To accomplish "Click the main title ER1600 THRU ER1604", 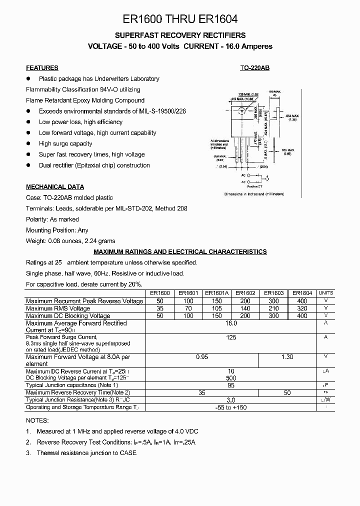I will click(x=180, y=19).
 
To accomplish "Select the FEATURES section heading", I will click(x=42, y=68).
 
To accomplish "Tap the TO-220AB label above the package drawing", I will click(x=254, y=68).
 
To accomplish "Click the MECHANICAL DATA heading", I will click(x=55, y=187).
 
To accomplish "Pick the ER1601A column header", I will click(x=216, y=293).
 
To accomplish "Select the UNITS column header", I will click(x=325, y=293).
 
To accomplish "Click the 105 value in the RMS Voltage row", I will click(x=216, y=308).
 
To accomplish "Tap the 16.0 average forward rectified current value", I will click(x=231, y=323).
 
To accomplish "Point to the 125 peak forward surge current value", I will click(x=231, y=338).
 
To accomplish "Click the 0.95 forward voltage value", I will click(x=202, y=357).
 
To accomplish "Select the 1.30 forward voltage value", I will click(x=287, y=357).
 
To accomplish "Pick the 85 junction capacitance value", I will click(x=231, y=385).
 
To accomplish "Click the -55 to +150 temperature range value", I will click(x=231, y=407).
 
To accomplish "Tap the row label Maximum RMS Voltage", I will click(x=58, y=308).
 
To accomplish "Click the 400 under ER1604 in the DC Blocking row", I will click(x=302, y=316).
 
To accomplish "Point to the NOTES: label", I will click(x=37, y=420).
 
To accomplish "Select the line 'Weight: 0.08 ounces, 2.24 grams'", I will click(x=70, y=241).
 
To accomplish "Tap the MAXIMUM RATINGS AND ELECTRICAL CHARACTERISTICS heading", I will click(x=180, y=252).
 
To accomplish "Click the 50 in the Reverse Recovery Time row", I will click(x=287, y=393).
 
